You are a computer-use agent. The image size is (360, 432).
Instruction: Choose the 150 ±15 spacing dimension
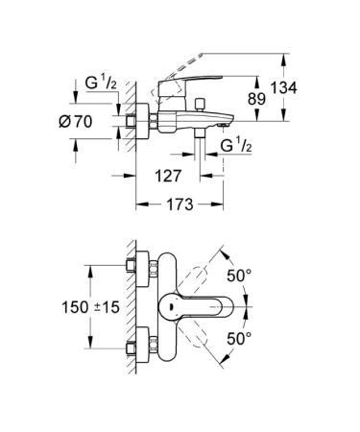[x=88, y=308]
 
